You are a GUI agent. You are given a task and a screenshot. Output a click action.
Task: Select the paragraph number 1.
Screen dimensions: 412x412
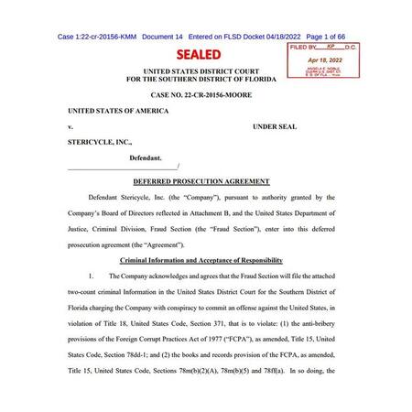point(92,276)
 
